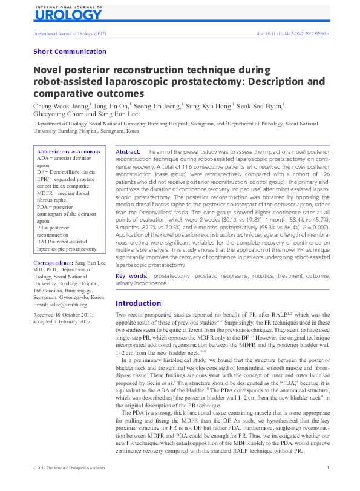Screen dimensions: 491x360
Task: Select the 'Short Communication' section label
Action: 70,52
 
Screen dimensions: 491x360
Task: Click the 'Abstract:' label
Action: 128,151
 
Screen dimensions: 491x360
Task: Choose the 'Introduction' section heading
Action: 138,303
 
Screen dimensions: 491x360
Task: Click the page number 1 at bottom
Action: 327,484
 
